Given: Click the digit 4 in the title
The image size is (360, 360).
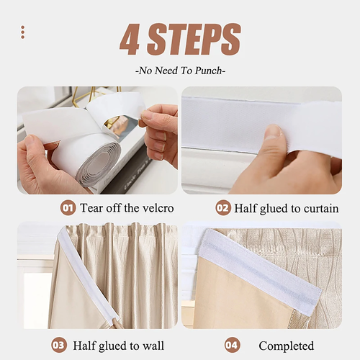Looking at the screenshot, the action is click(130, 40).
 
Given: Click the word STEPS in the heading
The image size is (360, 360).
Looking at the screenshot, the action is click(194, 40).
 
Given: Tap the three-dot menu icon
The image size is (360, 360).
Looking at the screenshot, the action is click(23, 32).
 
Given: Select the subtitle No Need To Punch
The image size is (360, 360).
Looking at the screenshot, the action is click(180, 71).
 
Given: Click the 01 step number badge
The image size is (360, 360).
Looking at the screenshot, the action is click(68, 207).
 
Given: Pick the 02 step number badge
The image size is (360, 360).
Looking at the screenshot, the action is click(223, 207).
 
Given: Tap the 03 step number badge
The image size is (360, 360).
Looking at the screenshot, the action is click(59, 346).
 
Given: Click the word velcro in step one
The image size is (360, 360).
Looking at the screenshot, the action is click(158, 208).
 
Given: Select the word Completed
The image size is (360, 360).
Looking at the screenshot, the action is click(287, 346).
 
